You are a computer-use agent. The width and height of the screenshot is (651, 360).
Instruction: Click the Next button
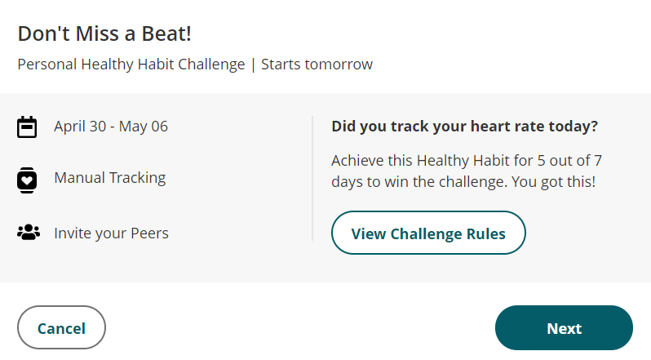564,328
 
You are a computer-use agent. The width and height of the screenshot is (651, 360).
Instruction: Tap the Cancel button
61,328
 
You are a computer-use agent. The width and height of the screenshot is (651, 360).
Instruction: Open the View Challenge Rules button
428,233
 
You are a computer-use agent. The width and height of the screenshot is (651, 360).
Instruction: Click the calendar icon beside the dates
28,127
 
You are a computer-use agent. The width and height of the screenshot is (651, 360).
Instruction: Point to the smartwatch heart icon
28,180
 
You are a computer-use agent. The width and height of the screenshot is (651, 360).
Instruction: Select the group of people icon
28,233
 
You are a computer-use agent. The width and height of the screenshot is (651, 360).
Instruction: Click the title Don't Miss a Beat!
104,34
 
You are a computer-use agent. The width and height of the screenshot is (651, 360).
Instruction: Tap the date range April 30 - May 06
111,127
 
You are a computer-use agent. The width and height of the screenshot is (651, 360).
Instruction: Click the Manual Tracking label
109,178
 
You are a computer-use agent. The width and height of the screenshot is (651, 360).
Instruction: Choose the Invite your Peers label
111,233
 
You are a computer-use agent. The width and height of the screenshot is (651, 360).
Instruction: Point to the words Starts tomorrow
317,64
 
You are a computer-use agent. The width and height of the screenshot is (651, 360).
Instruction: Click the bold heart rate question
465,127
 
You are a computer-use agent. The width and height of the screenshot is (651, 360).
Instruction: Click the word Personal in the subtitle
46,64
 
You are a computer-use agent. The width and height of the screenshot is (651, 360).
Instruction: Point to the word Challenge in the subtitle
209,64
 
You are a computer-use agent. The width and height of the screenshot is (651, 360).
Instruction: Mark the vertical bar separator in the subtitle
253,64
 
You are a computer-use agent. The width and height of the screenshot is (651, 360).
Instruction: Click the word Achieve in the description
357,160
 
